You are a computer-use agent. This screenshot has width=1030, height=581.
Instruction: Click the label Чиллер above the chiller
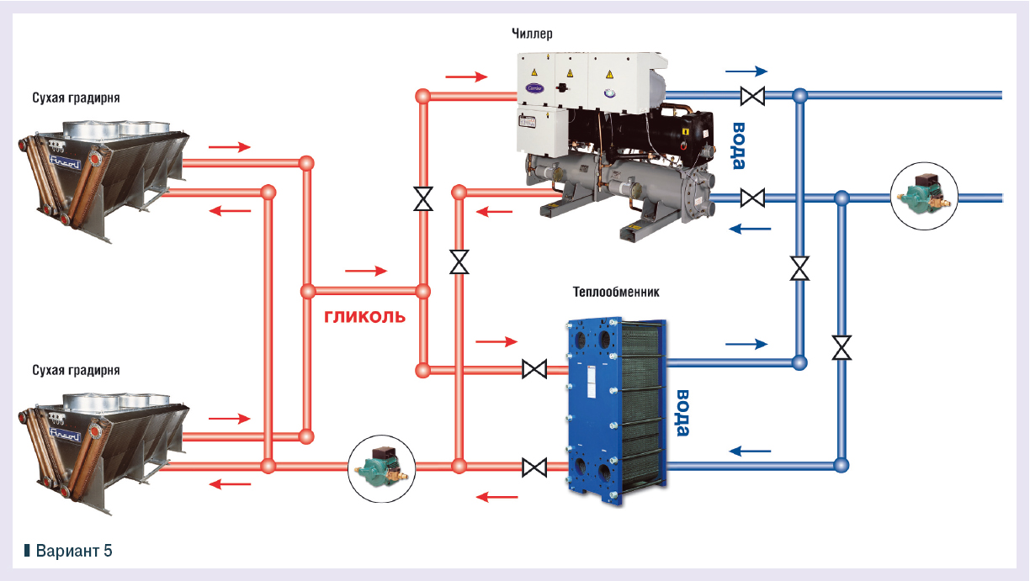pyautogui.click(x=532, y=34)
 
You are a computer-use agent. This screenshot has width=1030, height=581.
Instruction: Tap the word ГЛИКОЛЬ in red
pyautogui.click(x=365, y=317)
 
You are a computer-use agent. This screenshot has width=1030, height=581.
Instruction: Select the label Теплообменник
pyautogui.click(x=617, y=293)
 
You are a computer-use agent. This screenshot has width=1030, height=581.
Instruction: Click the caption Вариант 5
pyautogui.click(x=72, y=551)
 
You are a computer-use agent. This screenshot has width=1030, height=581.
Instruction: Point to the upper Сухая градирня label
pyautogui.click(x=76, y=98)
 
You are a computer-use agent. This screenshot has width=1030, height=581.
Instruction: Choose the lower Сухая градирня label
pyautogui.click(x=76, y=370)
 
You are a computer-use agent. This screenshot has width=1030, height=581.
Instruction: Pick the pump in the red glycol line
pyautogui.click(x=383, y=465)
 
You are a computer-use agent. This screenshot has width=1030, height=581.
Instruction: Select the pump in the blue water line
pyautogui.click(x=925, y=198)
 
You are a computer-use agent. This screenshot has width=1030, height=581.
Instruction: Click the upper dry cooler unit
pyautogui.click(x=101, y=172)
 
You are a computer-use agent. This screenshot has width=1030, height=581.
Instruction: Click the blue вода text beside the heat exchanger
pyautogui.click(x=683, y=413)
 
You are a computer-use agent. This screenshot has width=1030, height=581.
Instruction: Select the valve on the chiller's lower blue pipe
pyautogui.click(x=752, y=198)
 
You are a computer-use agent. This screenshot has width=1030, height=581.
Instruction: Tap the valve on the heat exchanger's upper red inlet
pyautogui.click(x=534, y=369)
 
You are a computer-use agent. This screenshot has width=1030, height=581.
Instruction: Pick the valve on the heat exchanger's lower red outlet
pyautogui.click(x=534, y=466)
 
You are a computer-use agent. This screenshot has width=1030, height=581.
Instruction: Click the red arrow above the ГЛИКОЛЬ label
pyautogui.click(x=366, y=271)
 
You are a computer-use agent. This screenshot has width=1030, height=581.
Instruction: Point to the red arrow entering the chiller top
pyautogui.click(x=467, y=77)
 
